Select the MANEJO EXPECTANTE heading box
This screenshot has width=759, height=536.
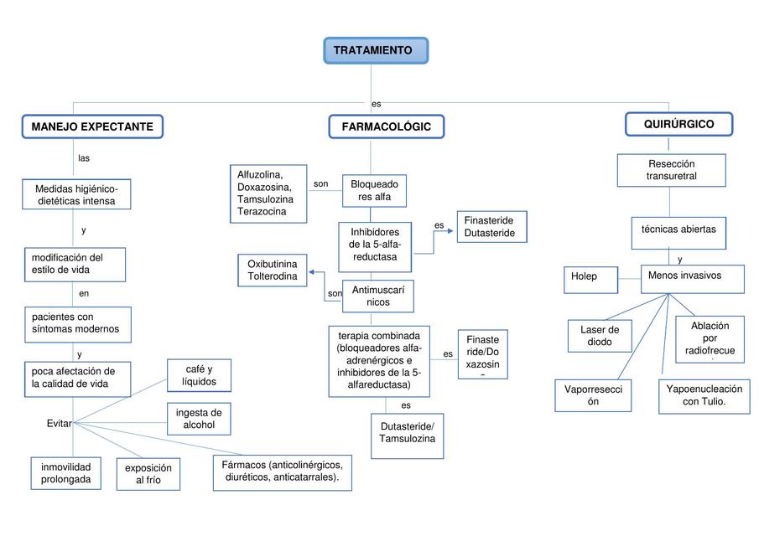[x=92, y=126]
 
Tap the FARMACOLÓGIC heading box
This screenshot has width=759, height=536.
[x=386, y=126]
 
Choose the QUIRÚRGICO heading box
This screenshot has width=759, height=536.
[x=678, y=124]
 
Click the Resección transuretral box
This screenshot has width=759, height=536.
[x=671, y=170]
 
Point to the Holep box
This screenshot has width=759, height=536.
[x=590, y=276]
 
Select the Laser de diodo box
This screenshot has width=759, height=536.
[x=599, y=336]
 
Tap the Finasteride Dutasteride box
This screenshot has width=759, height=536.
[x=491, y=227]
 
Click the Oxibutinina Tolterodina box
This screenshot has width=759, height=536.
[x=272, y=271]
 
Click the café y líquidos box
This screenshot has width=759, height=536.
[x=199, y=375]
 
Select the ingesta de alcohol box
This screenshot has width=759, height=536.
[x=199, y=419]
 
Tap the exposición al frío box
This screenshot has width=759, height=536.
[x=148, y=474]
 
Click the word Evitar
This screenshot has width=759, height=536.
[x=60, y=424]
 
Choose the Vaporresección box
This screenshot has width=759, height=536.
[x=593, y=395]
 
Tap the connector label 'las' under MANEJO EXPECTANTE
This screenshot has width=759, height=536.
[x=84, y=158]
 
